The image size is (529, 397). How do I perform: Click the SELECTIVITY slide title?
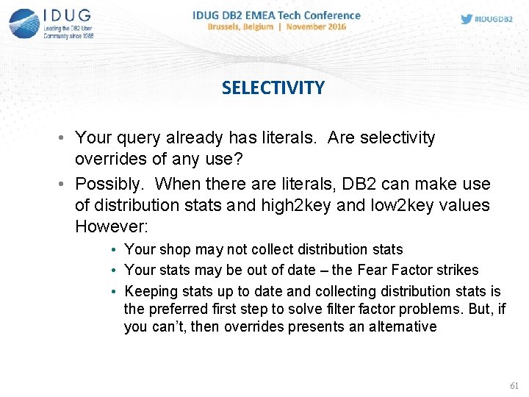(273, 88)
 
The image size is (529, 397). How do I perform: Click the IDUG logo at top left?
(51, 23)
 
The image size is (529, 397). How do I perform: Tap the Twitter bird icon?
(467, 19)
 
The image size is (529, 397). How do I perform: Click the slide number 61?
(514, 385)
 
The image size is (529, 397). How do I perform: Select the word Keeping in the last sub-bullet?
(150, 292)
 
